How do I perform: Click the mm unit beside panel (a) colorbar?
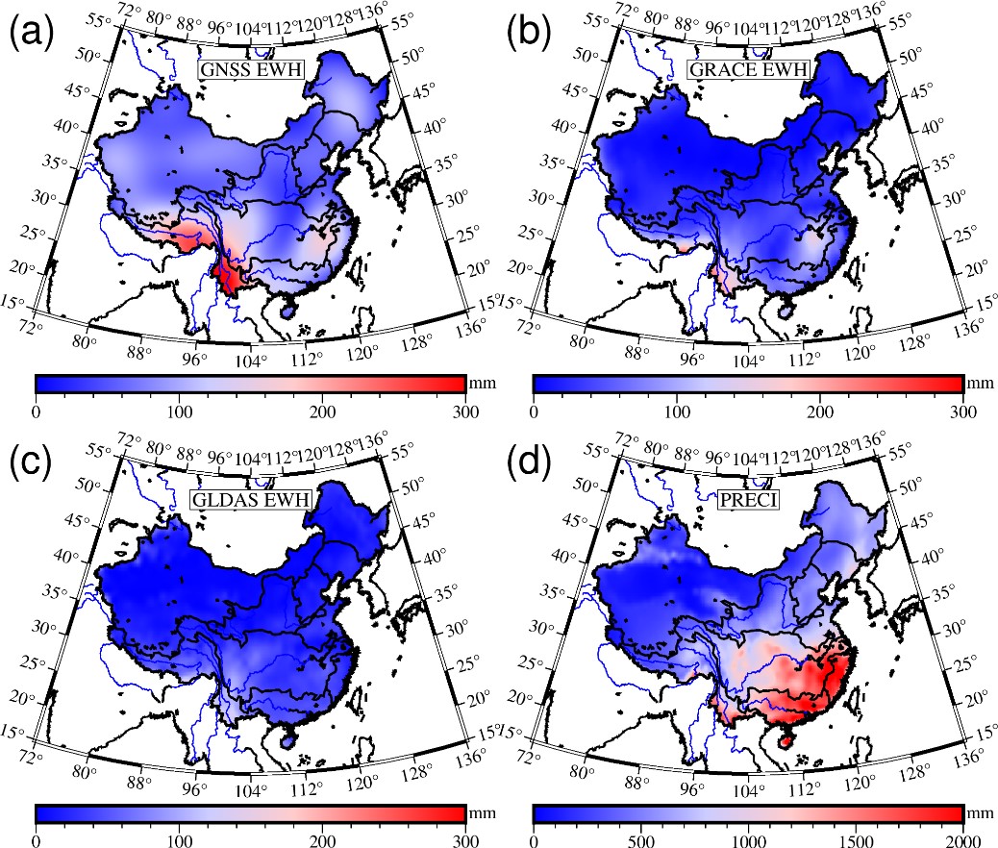[480, 383]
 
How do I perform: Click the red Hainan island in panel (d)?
[786, 741]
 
